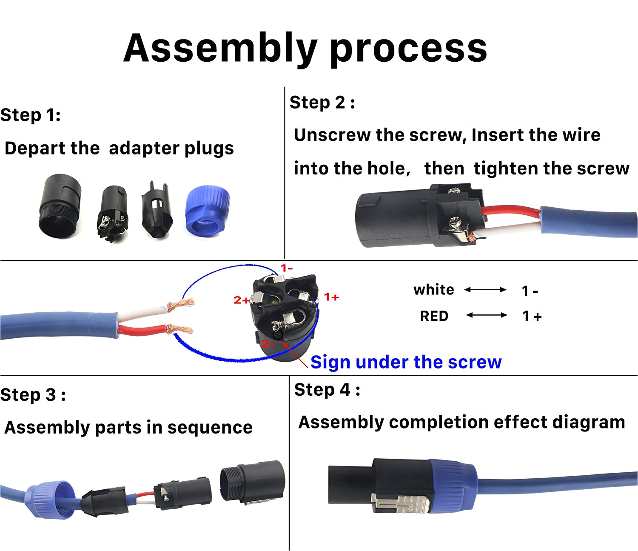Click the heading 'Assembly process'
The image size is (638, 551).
305,48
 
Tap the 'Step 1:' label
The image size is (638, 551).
31,115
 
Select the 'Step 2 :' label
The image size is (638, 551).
322,103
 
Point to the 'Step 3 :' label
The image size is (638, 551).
33,395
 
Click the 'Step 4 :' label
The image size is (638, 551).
327,390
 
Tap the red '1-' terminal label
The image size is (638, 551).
287,268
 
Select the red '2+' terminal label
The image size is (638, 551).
242,300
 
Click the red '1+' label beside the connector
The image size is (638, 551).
331,297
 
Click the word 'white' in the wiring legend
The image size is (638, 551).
433,290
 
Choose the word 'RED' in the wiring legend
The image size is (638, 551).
434,316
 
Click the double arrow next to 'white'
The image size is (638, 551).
485,290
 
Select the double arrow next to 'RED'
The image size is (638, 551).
487,315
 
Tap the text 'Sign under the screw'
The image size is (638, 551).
406,362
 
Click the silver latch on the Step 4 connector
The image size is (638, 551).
399,503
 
